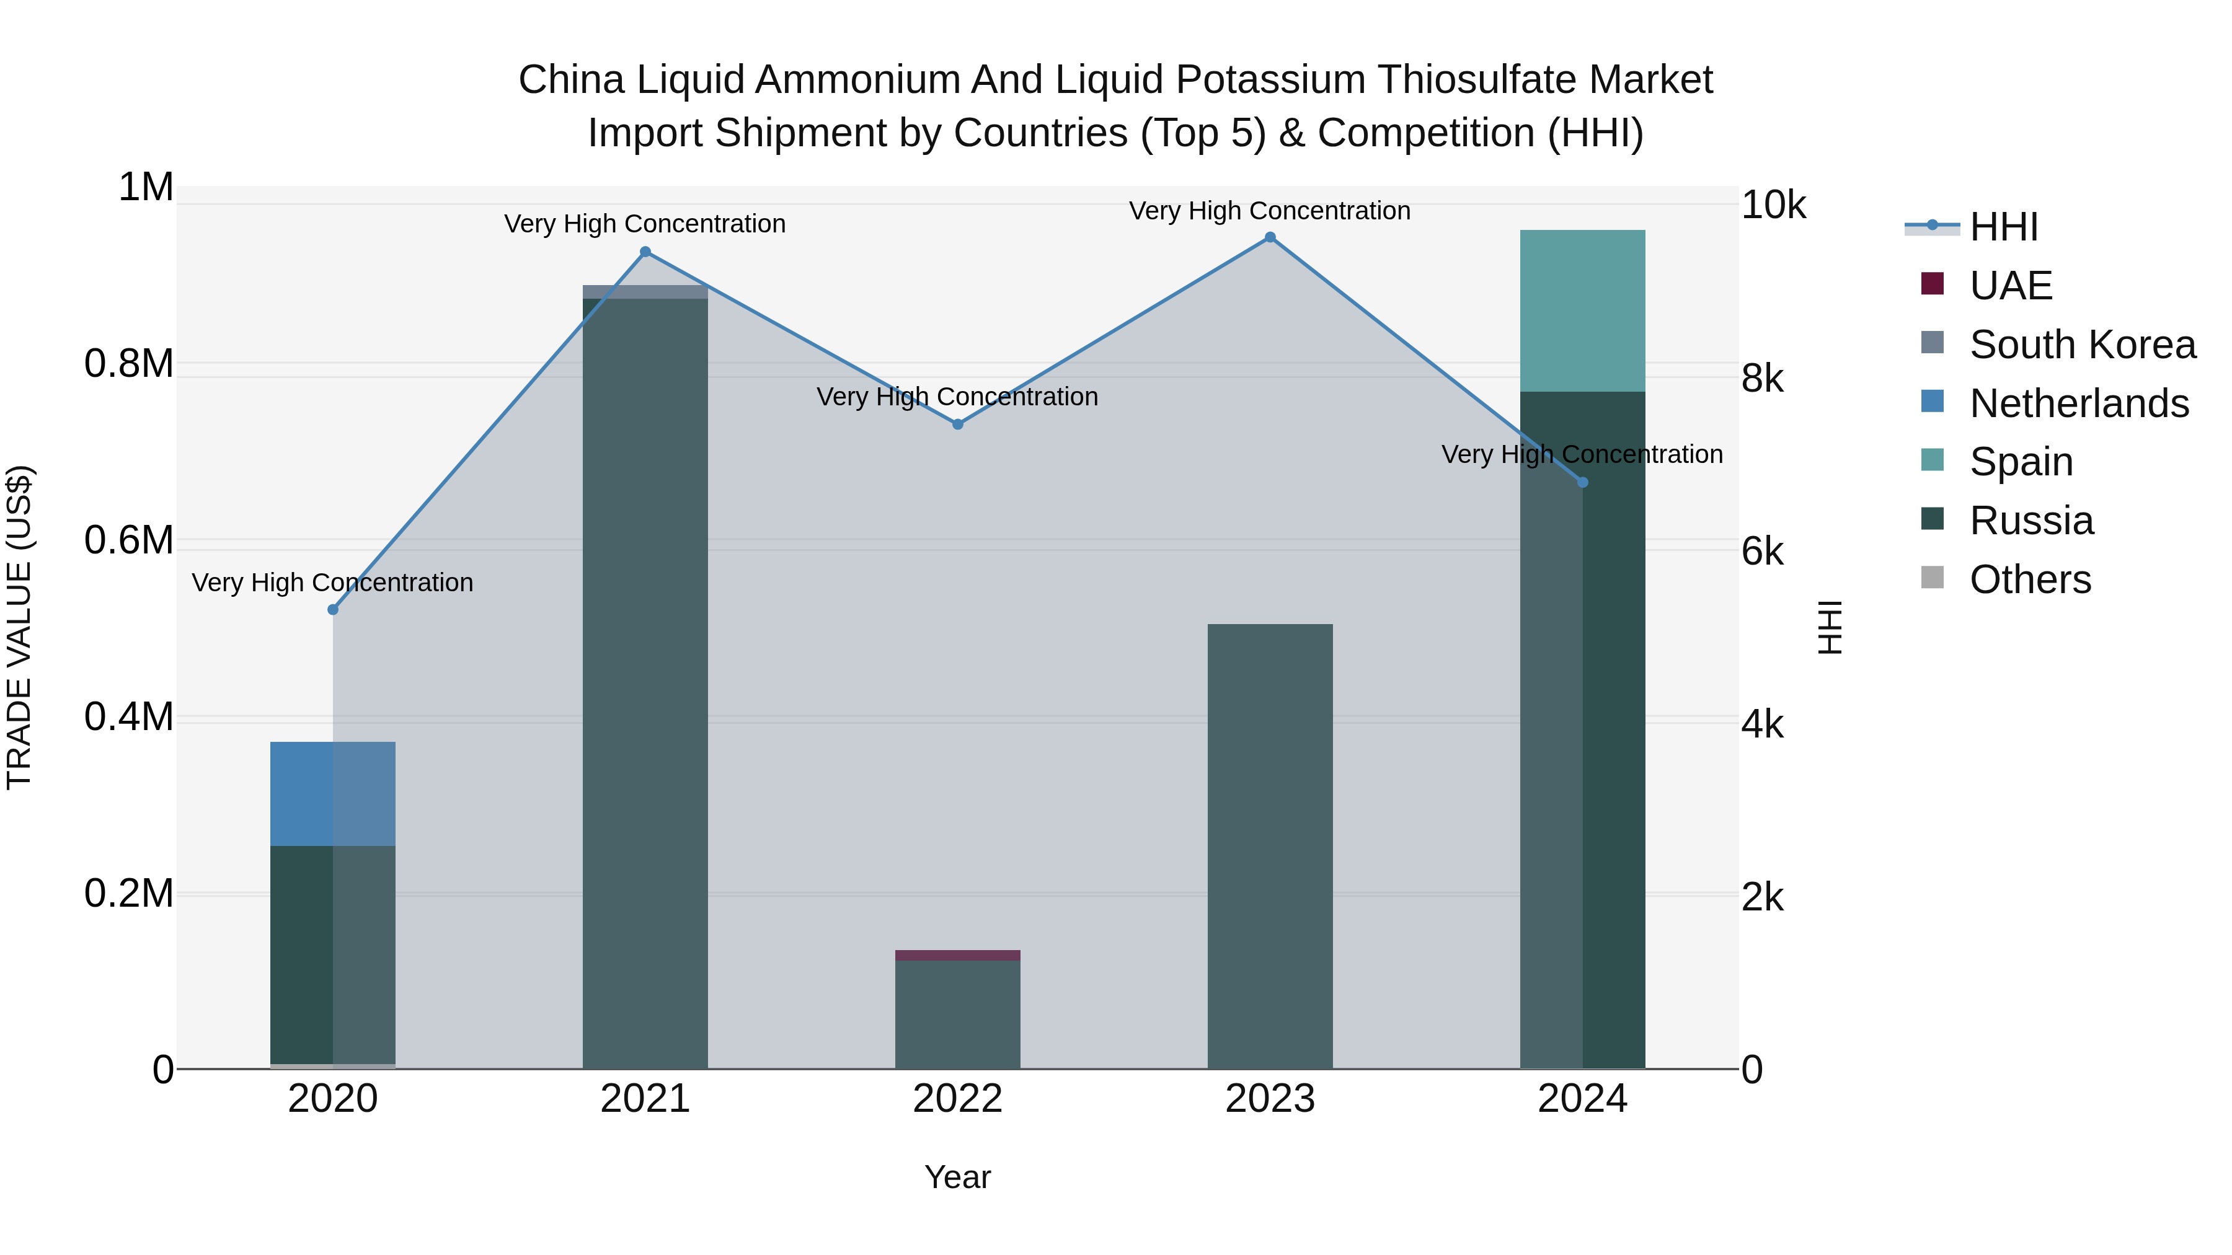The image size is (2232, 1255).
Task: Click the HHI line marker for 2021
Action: click(645, 252)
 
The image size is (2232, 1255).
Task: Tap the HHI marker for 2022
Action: click(957, 425)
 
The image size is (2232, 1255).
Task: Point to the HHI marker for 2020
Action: click(333, 610)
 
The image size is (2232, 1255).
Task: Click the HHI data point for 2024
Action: click(1582, 482)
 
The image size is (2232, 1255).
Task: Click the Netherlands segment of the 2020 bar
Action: click(333, 793)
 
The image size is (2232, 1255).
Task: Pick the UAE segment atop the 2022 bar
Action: click(957, 955)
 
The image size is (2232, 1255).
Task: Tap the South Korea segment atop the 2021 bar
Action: click(645, 292)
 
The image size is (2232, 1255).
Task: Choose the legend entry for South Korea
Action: click(2082, 345)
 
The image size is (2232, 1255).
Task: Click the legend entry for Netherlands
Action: click(2079, 403)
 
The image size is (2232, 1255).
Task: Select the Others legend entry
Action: click(2029, 579)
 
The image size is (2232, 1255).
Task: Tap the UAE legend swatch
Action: click(1932, 284)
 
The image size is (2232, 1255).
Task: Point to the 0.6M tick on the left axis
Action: click(129, 540)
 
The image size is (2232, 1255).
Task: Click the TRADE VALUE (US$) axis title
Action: click(19, 627)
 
